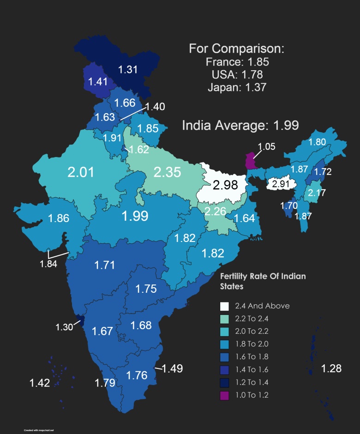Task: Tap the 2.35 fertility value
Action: point(167,172)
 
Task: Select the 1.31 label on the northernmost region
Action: point(128,70)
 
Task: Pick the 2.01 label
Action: point(81,172)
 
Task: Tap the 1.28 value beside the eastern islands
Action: point(331,368)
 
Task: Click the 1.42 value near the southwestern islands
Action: point(40,383)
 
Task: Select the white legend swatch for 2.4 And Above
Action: point(225,306)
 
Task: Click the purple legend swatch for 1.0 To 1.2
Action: point(225,395)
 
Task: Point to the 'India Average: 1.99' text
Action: point(240,125)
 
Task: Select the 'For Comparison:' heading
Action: point(237,49)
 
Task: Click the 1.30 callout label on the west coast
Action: point(64,327)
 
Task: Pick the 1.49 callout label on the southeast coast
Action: point(172,368)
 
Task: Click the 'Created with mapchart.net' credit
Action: point(39,430)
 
